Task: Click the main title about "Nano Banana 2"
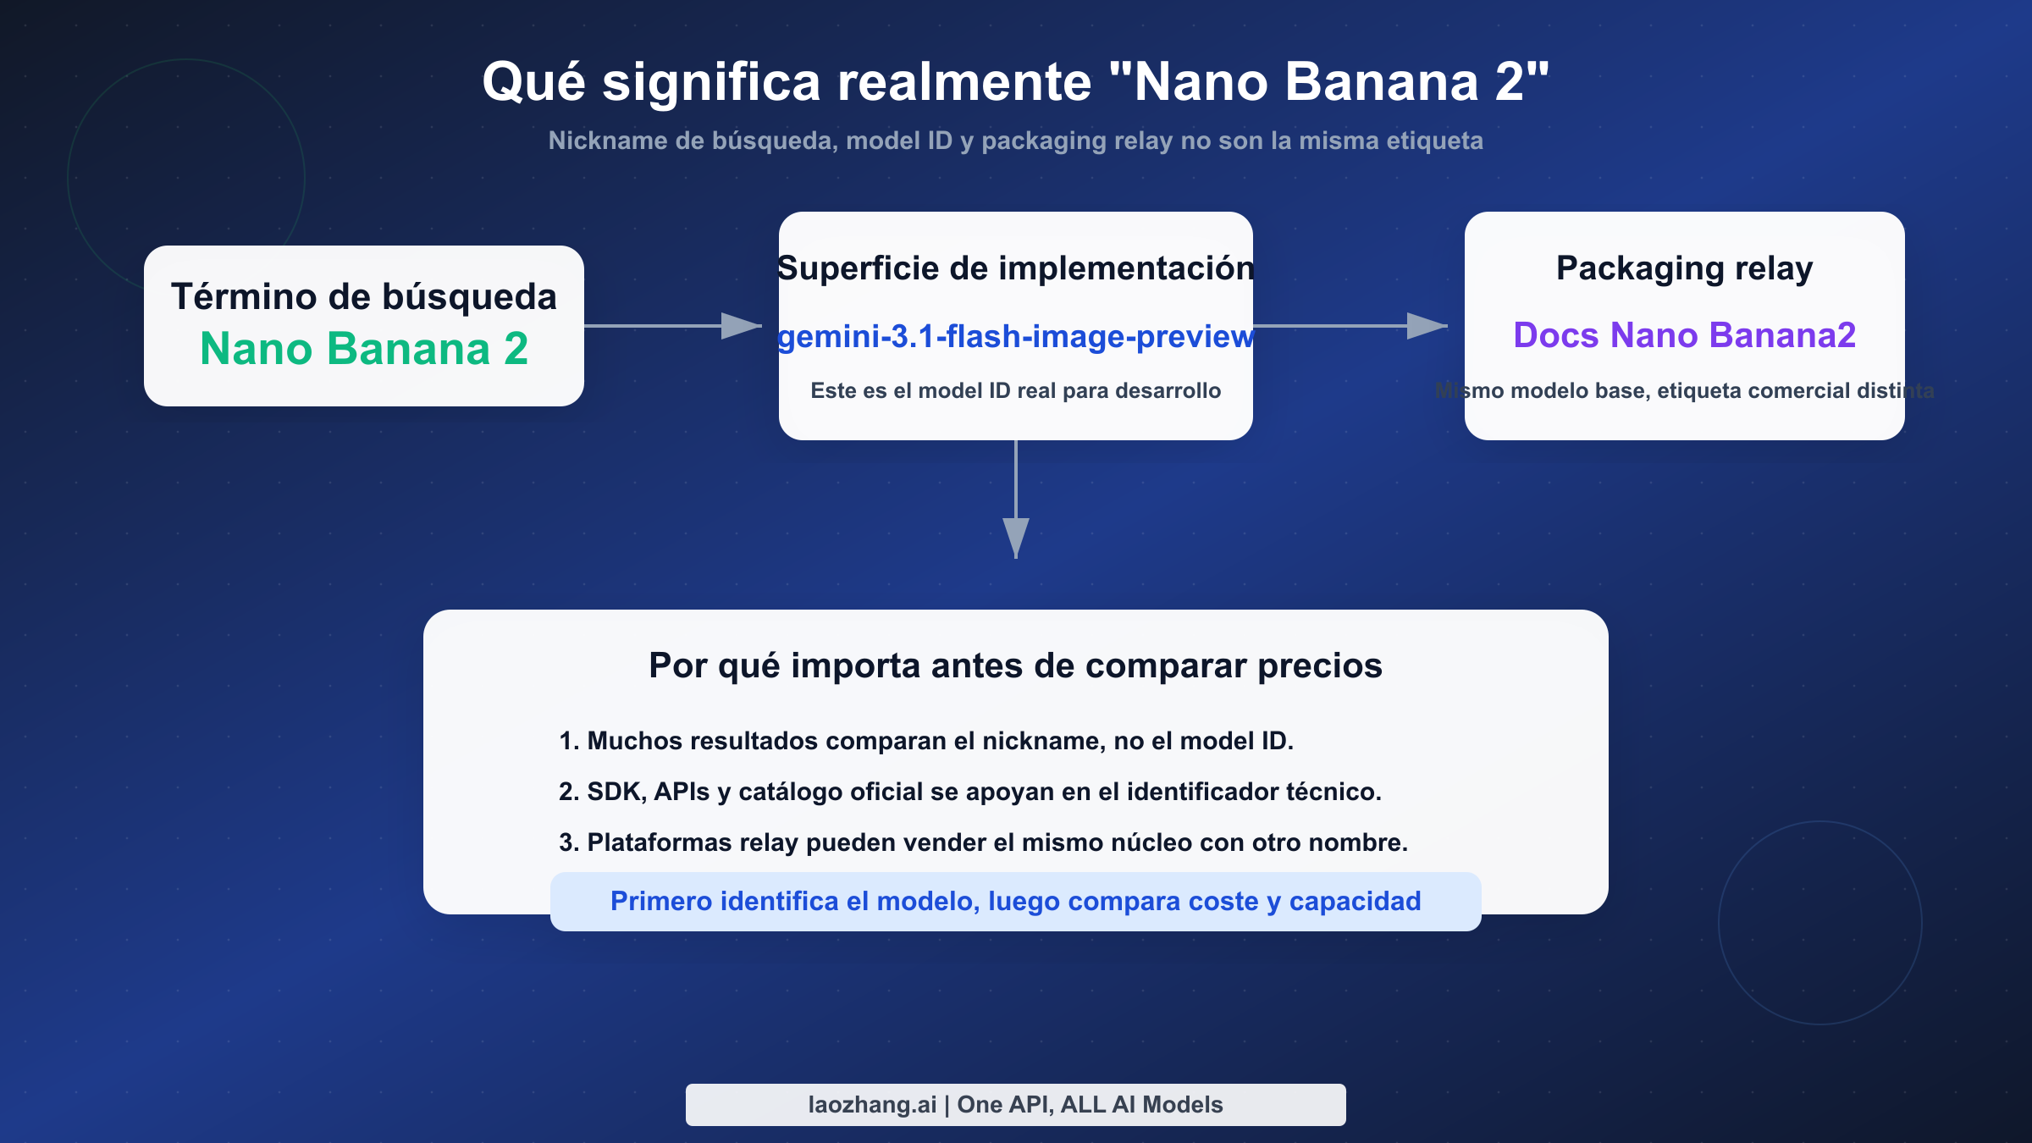(1015, 82)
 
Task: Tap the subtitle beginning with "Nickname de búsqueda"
(1015, 141)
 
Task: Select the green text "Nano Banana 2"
(364, 348)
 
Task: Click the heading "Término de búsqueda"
(364, 296)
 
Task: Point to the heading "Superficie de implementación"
(1015, 268)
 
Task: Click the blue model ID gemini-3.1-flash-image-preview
(1015, 336)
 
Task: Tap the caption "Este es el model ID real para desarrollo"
(1015, 390)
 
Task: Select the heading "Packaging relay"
(1684, 268)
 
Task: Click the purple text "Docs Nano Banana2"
(1684, 335)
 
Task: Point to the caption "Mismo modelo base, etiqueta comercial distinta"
(1684, 390)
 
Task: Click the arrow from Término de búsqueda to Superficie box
(673, 325)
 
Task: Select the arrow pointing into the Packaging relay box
(1350, 325)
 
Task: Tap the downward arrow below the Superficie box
(1016, 500)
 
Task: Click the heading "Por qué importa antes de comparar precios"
(1015, 665)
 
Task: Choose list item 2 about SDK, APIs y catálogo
(969, 792)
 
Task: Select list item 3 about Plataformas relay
(983, 842)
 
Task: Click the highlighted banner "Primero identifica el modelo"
(1015, 902)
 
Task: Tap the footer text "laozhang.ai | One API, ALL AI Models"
(1015, 1105)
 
